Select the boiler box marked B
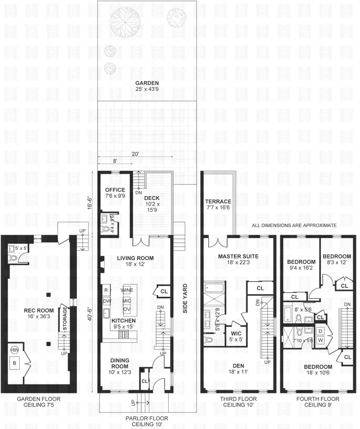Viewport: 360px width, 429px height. click(15, 362)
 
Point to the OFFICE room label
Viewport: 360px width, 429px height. click(115, 189)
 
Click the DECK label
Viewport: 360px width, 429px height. click(149, 197)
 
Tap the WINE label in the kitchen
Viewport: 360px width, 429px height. click(127, 290)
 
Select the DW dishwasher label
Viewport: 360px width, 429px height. click(107, 300)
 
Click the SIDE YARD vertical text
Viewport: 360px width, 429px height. click(184, 299)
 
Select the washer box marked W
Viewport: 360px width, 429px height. click(320, 340)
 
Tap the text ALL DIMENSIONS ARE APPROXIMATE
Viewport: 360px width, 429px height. click(294, 225)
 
